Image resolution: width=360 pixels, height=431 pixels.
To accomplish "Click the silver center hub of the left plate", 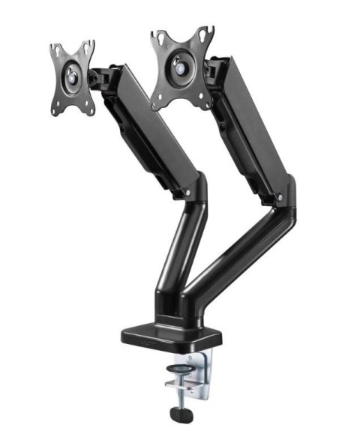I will point(73,74).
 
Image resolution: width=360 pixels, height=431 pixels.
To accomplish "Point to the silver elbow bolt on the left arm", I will point(187,193).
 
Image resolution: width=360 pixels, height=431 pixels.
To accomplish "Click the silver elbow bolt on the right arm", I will point(278,199).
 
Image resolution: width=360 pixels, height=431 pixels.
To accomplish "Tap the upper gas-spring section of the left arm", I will point(146,127).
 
